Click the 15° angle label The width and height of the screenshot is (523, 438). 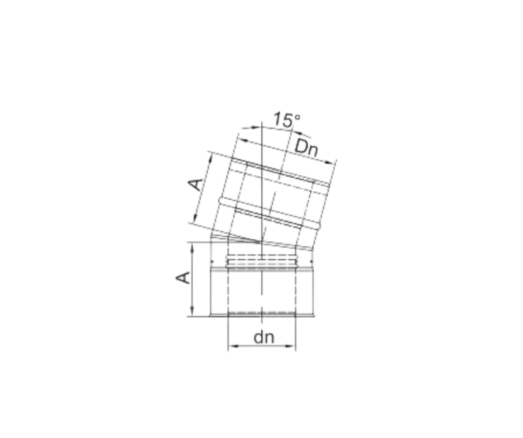287,120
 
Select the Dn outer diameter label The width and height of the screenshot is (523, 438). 307,148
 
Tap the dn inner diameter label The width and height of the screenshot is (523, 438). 264,338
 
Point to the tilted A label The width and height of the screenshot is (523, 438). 196,184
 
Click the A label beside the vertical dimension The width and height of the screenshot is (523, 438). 183,278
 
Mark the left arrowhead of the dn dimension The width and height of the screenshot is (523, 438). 233,346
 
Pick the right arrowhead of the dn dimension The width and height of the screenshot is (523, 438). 291,346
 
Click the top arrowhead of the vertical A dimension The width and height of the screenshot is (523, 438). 192,248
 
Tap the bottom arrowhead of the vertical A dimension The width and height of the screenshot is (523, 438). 192,310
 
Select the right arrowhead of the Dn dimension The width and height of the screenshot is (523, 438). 330,163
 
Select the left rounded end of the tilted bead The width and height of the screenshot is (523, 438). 221,202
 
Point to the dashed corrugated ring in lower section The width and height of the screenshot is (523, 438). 262,262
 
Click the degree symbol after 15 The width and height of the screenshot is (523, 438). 298,116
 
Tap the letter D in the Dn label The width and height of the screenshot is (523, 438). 301,146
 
